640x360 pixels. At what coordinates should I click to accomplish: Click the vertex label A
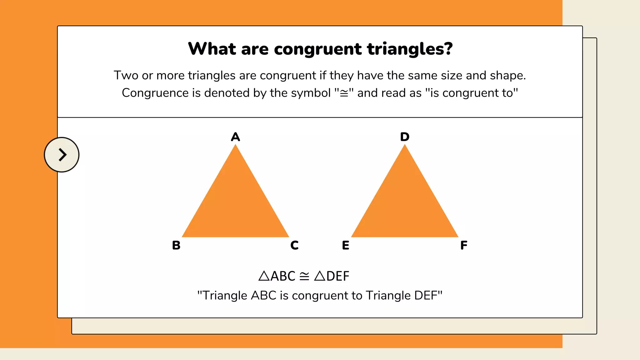(x=235, y=137)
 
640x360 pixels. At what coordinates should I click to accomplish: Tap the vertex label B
(x=176, y=245)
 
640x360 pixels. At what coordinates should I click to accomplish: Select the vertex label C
(x=294, y=245)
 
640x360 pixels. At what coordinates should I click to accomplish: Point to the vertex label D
(x=405, y=137)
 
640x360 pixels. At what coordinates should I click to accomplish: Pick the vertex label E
(x=346, y=245)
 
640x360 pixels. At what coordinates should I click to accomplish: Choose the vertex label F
(x=464, y=245)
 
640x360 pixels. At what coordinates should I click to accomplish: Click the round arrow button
(x=62, y=155)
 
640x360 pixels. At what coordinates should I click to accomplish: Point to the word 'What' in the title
(x=212, y=49)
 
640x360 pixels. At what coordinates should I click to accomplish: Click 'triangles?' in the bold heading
(x=410, y=49)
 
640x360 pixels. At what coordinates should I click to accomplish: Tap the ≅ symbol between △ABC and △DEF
(x=304, y=276)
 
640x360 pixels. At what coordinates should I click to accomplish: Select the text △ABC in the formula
(x=277, y=276)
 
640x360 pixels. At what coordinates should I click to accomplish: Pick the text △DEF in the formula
(x=332, y=276)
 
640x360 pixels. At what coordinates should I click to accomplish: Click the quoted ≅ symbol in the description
(x=344, y=93)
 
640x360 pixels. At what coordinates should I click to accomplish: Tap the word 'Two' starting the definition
(x=126, y=76)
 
